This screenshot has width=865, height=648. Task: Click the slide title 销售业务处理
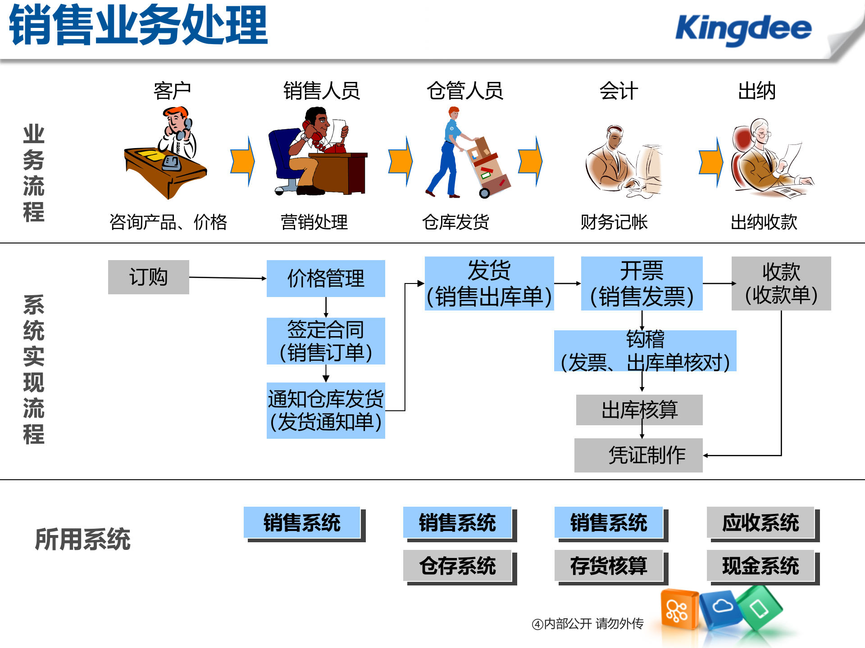pos(139,25)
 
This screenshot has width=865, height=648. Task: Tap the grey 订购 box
pos(148,277)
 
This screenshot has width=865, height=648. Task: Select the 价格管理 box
pos(326,279)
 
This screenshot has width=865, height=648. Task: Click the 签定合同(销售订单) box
pos(326,341)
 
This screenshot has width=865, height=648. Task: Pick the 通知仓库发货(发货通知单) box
pos(326,410)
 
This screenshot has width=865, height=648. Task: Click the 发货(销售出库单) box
pos(489,283)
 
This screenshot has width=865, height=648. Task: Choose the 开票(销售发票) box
pos(642,283)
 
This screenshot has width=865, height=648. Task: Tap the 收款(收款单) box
pos(781,283)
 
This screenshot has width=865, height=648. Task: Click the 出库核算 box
pos(639,410)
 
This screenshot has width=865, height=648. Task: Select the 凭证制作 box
pos(638,455)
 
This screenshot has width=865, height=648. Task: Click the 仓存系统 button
pos(457,566)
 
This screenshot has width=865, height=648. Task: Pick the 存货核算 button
pos(609,566)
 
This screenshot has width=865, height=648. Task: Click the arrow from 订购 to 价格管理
pos(228,278)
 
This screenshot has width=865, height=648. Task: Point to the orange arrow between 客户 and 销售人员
pos(242,162)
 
